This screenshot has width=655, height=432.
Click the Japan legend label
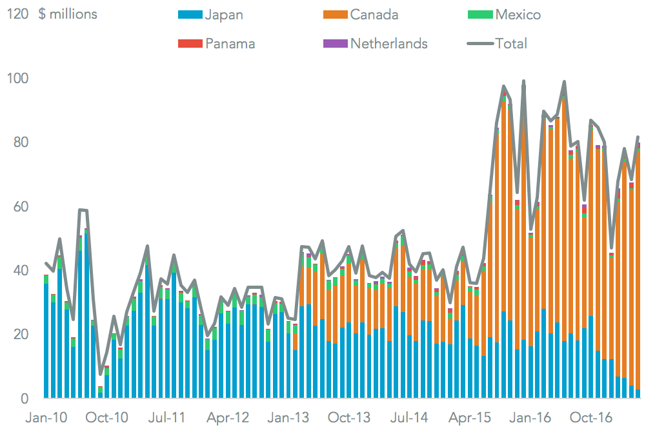(x=223, y=14)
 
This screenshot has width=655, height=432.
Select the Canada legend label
(x=374, y=14)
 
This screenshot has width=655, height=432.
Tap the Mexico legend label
(x=518, y=14)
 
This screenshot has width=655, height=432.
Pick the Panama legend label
(x=230, y=44)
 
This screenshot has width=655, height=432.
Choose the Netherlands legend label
(x=389, y=44)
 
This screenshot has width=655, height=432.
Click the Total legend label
(x=511, y=44)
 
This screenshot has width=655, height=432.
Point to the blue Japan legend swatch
(x=190, y=14)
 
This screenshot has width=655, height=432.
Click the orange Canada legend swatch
(x=335, y=14)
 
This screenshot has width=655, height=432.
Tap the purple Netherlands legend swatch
(x=335, y=44)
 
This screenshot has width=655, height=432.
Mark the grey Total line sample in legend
(x=480, y=44)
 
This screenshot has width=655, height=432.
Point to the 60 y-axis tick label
(x=21, y=206)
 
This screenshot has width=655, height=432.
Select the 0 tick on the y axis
(x=25, y=398)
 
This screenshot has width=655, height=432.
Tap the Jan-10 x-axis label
(x=46, y=417)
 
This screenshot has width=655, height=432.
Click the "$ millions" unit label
(x=68, y=14)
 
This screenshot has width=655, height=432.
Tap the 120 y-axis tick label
(x=17, y=14)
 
